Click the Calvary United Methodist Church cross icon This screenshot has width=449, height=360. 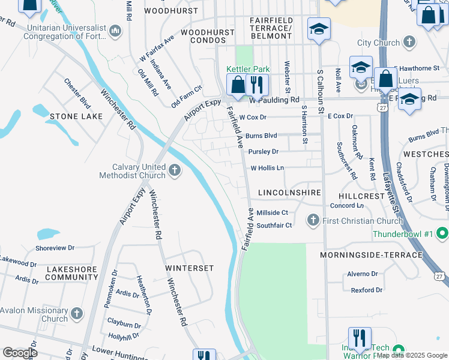click(174, 171)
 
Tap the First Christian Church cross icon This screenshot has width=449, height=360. click(312, 220)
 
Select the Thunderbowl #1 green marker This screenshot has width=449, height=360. click(442, 232)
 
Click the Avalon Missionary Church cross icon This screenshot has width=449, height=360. click(77, 314)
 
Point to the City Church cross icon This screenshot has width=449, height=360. click(409, 42)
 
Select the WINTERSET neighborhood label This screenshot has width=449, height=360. click(189, 267)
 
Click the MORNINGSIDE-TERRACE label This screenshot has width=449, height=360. click(371, 255)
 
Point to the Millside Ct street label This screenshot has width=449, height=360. click(273, 212)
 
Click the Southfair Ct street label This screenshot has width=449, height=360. click(274, 225)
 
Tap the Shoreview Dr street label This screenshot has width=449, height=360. click(54, 247)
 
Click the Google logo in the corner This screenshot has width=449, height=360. click(20, 352)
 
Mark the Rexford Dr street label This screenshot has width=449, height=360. click(366, 290)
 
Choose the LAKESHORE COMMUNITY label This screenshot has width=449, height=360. click(71, 274)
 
